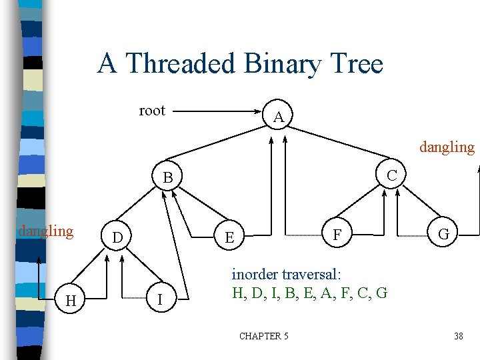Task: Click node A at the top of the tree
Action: (x=279, y=118)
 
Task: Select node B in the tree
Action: (x=168, y=178)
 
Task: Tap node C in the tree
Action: (x=392, y=175)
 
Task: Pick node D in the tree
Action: (x=117, y=237)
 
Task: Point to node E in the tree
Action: (x=229, y=237)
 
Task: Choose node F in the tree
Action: (x=337, y=235)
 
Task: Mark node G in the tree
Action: (x=443, y=235)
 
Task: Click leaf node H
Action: (x=70, y=302)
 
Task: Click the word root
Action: (x=152, y=111)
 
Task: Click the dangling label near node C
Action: (x=447, y=147)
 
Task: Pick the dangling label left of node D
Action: (x=45, y=231)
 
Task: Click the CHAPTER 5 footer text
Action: (x=264, y=336)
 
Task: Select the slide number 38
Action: (x=458, y=336)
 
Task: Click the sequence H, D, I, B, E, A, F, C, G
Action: (x=309, y=292)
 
